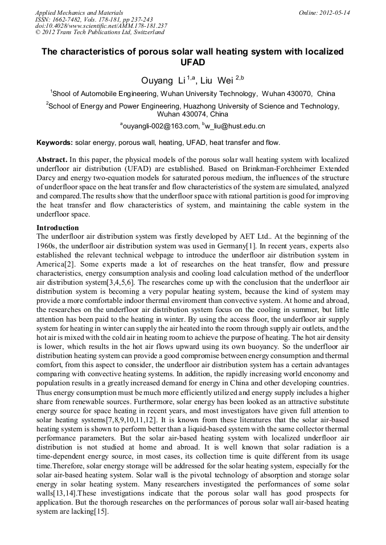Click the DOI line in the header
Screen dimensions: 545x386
pos(101,26)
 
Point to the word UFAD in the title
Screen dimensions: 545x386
pos(192,62)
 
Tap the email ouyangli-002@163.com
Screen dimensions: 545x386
pos(161,126)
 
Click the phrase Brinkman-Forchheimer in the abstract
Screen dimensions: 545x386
pos(236,169)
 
